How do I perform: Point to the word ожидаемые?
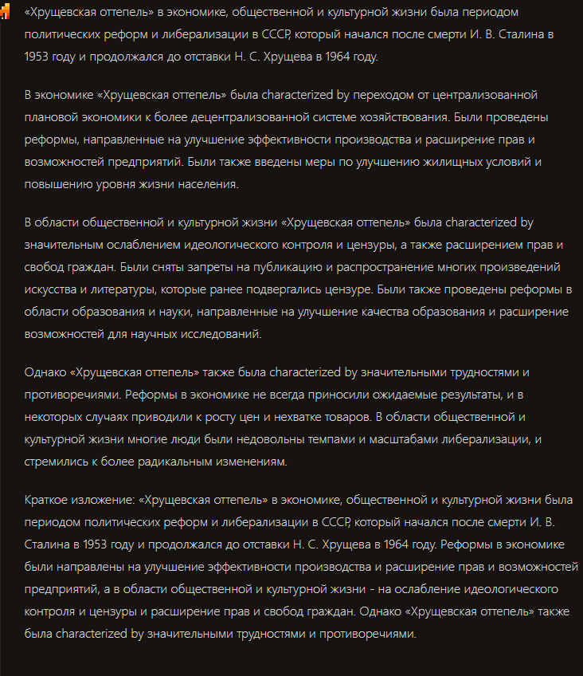[x=391, y=395]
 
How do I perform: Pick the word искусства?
[x=51, y=289]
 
